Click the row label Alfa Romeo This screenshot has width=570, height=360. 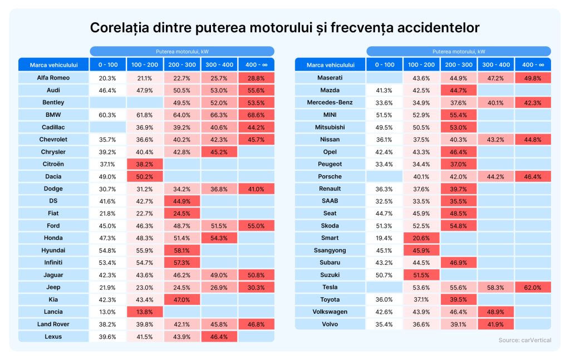53,78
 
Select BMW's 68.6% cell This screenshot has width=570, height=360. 255,115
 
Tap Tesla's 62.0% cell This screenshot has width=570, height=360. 532,287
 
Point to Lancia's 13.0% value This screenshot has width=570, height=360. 107,312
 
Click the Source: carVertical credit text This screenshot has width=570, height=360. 525,340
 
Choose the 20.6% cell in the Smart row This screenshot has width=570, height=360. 421,238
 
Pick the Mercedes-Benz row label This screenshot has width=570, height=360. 330,102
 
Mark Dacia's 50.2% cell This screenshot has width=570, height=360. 145,176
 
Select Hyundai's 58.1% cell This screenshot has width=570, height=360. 181,250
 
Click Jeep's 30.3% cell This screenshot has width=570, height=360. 255,288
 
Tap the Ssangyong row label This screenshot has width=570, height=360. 330,250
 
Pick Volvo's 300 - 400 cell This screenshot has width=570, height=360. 495,324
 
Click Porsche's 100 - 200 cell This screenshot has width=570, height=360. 421,176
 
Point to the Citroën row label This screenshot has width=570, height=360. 53,164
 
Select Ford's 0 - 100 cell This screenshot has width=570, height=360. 107,226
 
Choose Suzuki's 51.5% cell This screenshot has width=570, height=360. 421,275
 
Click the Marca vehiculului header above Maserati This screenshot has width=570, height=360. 330,65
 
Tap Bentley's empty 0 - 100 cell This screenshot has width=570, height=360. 107,102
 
